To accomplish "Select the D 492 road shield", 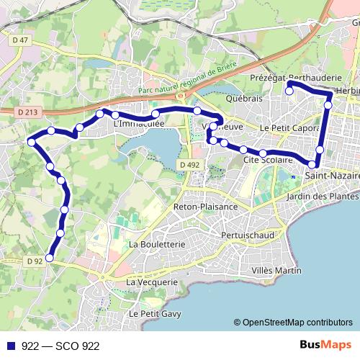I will (x=189, y=165).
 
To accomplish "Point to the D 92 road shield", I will (x=35, y=261).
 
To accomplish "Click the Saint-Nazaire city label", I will (x=332, y=175).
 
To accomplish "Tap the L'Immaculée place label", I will (x=140, y=124).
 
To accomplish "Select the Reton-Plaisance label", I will (x=205, y=207).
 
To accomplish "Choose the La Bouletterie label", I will (x=156, y=244).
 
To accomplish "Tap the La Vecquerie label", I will (x=151, y=282).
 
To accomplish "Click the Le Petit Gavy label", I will (x=155, y=314).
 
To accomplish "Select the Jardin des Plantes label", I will (x=332, y=196).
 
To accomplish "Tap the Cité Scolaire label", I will (x=268, y=159).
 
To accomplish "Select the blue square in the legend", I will (x=11, y=346).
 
